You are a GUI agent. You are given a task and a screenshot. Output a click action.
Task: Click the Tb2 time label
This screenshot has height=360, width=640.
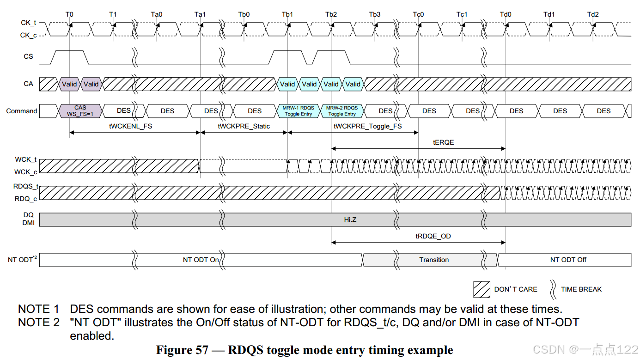[x=331, y=14]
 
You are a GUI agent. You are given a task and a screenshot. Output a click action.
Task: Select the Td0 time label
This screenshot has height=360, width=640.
[x=506, y=14]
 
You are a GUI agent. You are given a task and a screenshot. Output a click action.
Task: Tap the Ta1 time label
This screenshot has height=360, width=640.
[x=200, y=14]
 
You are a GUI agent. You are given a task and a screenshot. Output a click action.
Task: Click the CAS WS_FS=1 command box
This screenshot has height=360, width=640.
[x=80, y=111]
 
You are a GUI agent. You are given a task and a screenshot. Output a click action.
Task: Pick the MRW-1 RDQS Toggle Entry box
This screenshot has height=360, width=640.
[x=298, y=111]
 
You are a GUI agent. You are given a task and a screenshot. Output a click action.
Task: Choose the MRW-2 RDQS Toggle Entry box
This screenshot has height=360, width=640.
[x=342, y=111]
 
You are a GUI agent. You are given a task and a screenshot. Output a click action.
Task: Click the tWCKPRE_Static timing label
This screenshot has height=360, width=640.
[x=244, y=126]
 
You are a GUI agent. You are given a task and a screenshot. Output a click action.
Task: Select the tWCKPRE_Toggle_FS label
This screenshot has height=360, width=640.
[x=368, y=126]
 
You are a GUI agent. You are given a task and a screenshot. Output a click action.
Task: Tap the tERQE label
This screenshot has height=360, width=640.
[x=443, y=142]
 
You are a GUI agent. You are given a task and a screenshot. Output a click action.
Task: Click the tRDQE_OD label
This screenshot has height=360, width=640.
[x=433, y=236]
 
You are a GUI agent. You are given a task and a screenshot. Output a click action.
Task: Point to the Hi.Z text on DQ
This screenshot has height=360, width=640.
[x=350, y=220]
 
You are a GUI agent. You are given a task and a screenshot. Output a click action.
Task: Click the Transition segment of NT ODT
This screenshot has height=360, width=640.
[x=433, y=260]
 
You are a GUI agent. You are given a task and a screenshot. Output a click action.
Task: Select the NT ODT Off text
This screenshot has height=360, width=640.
[x=568, y=260]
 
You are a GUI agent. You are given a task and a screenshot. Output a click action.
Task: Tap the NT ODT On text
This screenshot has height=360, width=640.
[x=201, y=260]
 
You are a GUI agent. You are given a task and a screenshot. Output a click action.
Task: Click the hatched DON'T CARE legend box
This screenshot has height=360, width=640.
[x=482, y=289]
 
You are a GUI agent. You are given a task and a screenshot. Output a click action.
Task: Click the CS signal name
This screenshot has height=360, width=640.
[x=28, y=56]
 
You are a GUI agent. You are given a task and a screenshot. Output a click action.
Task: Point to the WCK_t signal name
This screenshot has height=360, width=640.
[x=26, y=159]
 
